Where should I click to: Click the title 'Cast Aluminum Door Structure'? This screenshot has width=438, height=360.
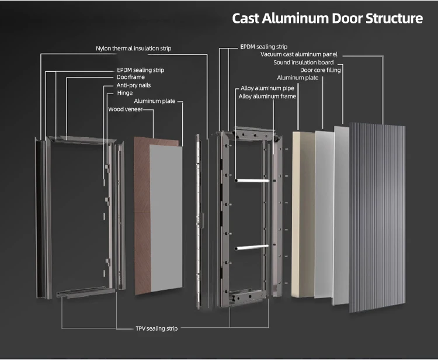327,18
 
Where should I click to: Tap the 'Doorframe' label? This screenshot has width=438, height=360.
131,77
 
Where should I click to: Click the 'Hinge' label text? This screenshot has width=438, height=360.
124,93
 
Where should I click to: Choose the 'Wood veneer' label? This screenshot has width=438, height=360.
125,109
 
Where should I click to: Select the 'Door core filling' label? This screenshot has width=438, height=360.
321,70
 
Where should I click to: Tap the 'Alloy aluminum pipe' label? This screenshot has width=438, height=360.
267,88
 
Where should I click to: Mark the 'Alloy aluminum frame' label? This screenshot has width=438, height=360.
267,96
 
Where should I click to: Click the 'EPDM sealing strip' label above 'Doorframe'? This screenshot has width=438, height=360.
141,70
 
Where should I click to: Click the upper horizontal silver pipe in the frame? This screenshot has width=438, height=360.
252,181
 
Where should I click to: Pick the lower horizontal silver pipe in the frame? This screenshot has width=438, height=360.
252,246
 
